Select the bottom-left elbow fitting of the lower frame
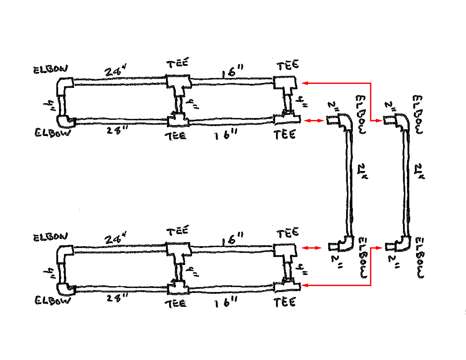pyautogui.click(x=65, y=289)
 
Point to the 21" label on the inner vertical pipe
pyautogui.click(x=362, y=171)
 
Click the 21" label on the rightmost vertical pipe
pyautogui.click(x=419, y=171)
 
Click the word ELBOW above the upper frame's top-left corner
pyautogui.click(x=50, y=69)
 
